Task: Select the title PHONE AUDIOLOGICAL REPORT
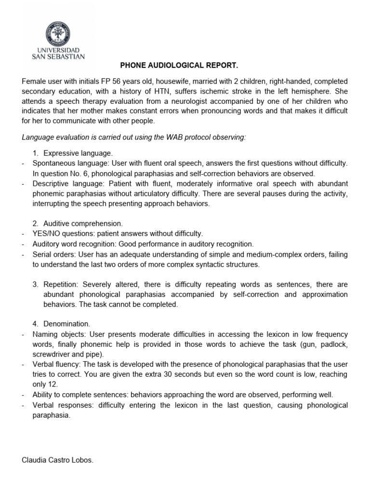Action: tap(172, 65)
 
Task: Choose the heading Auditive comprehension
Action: tap(83, 223)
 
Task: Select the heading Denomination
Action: tap(66, 324)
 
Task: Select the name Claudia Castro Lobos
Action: tap(57, 460)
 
